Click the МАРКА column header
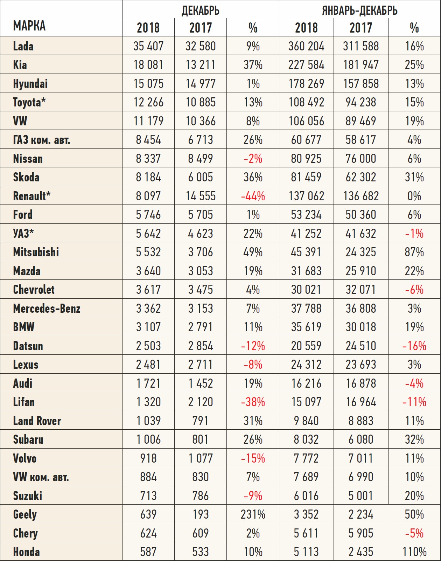29,26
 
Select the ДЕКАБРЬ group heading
201,10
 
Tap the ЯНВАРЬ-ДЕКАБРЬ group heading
359,10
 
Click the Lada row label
23,46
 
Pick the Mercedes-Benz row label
47,309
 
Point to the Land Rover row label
37,421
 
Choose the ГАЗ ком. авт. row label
42,140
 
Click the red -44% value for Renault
253,196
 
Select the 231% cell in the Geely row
253,514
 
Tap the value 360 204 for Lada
306,46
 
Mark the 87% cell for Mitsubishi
414,252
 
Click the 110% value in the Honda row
414,552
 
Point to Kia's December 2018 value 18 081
148,65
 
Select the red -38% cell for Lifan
253,402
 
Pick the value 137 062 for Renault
306,196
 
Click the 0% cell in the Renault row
414,196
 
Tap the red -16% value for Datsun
414,346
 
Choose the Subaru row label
28,439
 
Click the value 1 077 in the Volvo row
201,458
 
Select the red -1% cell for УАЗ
414,234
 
